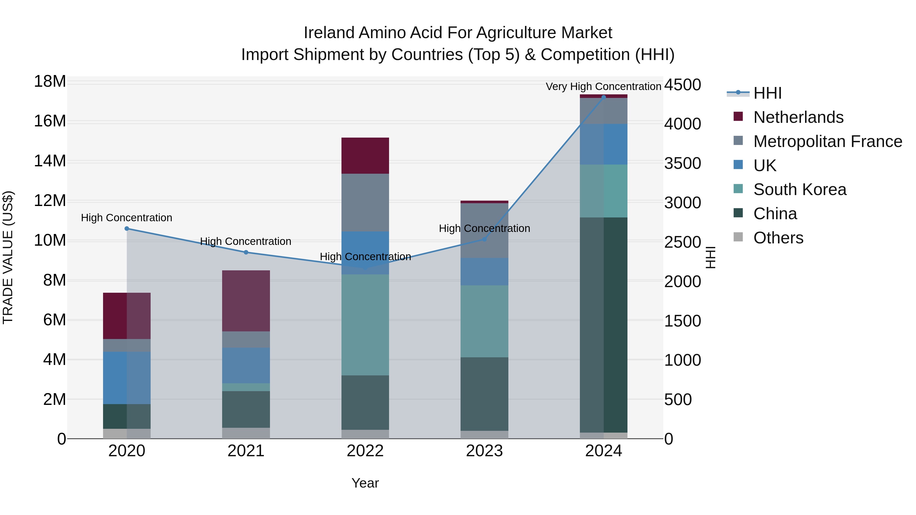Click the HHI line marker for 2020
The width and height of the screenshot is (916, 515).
(x=127, y=229)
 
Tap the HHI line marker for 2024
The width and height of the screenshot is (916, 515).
(x=604, y=97)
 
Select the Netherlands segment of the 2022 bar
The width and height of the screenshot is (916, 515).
(x=365, y=156)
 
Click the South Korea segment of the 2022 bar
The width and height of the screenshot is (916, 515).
(x=365, y=325)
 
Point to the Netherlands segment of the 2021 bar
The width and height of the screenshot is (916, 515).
(x=246, y=301)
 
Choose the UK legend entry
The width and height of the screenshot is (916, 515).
(x=765, y=166)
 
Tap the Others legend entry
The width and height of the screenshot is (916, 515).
(x=778, y=238)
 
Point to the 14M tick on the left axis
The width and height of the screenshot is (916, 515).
(x=50, y=161)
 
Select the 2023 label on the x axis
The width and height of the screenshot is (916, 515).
(x=484, y=451)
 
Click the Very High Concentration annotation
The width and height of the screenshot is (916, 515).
(x=604, y=86)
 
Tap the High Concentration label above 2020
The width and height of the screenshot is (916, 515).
(x=127, y=217)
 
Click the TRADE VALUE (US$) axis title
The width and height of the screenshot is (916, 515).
(x=8, y=257)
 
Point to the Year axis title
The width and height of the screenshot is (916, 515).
(x=365, y=483)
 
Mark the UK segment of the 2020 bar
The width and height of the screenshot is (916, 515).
(x=127, y=378)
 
